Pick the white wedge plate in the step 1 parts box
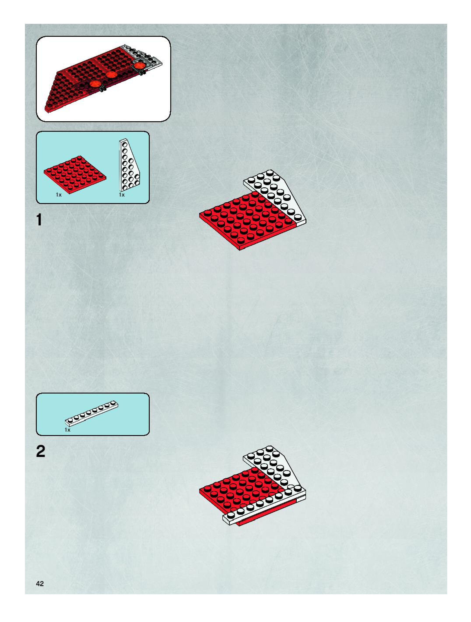click(129, 166)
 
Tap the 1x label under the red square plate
click(58, 195)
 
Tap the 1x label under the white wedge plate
click(121, 195)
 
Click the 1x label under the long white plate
click(67, 430)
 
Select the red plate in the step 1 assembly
click(245, 219)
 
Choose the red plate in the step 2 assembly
click(239, 492)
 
